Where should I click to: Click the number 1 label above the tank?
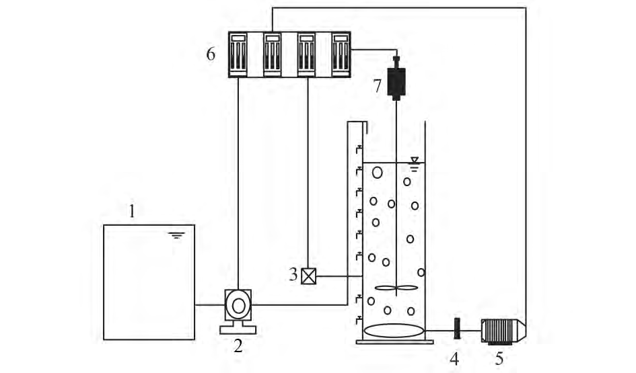132,212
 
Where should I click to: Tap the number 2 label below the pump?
237,345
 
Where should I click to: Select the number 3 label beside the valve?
293,274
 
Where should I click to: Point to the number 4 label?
455,358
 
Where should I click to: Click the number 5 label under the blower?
499,358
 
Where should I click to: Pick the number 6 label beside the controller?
211,54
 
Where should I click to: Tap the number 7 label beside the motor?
378,85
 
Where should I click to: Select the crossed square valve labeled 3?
308,276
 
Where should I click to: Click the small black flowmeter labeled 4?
456,329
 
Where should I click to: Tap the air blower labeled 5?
502,329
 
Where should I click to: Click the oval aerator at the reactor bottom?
394,331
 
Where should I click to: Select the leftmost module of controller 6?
239,53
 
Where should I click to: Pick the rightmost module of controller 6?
341,53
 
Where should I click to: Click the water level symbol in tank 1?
177,235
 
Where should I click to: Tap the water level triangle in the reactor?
415,161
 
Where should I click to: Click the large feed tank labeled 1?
148,282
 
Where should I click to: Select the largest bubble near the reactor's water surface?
377,171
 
